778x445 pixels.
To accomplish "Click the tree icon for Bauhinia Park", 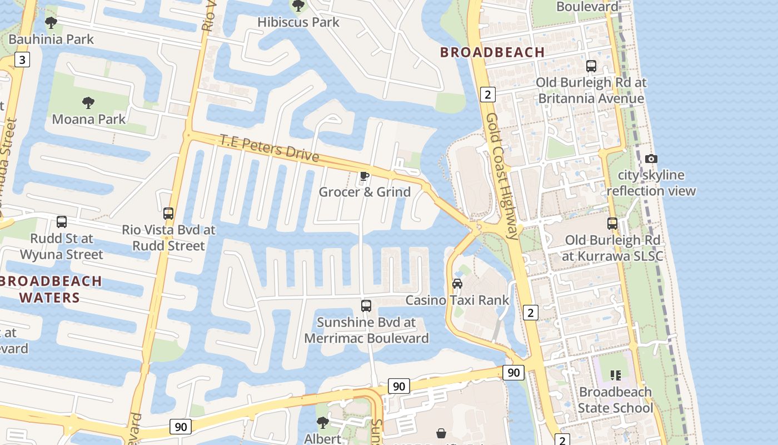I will (51, 23).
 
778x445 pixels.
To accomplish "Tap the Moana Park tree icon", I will (88, 102).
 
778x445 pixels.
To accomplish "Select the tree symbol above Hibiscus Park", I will (298, 6).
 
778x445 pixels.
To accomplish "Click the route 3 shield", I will (22, 60).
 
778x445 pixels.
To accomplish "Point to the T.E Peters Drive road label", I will (270, 147).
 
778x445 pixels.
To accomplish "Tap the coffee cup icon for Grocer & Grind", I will (364, 176).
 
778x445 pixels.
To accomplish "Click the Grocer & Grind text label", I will (365, 192).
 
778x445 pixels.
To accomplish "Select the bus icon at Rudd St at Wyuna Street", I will (62, 222).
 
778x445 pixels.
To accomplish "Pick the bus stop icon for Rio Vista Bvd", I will (168, 213).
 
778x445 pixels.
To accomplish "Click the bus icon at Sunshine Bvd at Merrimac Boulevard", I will (366, 305).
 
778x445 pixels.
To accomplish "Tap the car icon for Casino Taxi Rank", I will (457, 284).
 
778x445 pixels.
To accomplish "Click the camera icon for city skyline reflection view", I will (651, 159).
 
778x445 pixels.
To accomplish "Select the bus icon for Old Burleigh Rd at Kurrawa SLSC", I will (612, 224).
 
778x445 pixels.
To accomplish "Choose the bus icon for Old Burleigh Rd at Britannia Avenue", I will (591, 66).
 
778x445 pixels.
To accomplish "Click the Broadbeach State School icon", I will (615, 375).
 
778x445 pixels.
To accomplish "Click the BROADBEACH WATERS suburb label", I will (51, 289).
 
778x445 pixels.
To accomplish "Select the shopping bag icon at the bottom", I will (441, 433).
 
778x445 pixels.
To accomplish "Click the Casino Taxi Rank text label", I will (457, 300).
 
